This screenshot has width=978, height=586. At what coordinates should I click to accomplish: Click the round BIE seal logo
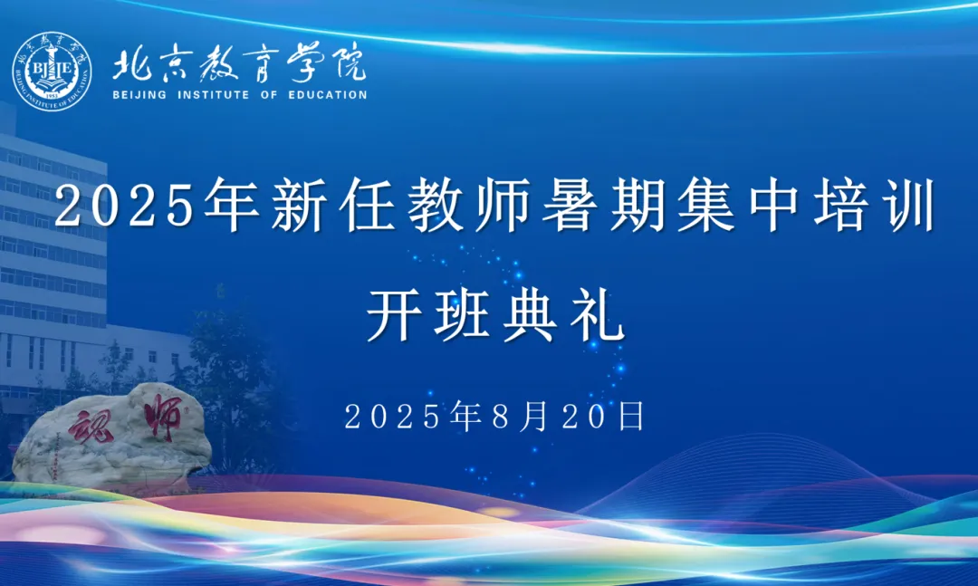point(52,72)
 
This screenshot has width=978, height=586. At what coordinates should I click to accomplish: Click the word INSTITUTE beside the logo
point(214,95)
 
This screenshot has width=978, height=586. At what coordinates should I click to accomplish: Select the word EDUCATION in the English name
point(328,95)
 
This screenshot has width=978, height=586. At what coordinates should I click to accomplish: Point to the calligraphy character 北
point(132,64)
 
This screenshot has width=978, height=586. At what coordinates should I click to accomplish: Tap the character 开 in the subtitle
point(394,315)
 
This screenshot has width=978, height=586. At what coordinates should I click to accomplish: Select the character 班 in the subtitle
point(462,315)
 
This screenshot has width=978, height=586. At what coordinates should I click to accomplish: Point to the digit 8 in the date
point(502,417)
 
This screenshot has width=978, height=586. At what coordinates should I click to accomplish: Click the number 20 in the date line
point(584,417)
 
